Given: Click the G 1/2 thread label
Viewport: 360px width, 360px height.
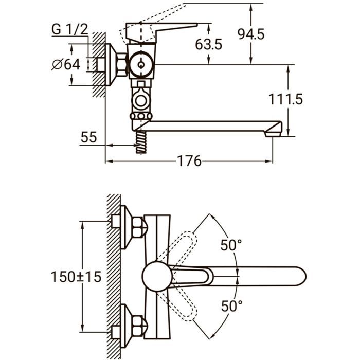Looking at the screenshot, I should click(x=69, y=29).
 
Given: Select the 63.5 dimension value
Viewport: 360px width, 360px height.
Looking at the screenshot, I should click(x=208, y=44).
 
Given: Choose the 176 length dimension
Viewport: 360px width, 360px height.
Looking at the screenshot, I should click(x=189, y=161).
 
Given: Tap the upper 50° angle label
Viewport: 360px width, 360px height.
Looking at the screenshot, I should click(x=231, y=245).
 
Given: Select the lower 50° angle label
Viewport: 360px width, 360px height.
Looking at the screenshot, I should click(x=231, y=307).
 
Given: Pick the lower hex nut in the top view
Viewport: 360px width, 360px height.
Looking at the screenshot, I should click(x=138, y=328).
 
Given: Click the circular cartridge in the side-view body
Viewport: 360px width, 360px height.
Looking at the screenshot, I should click(x=141, y=66).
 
